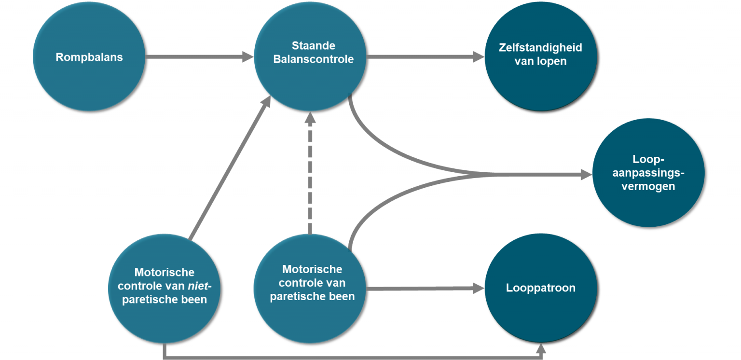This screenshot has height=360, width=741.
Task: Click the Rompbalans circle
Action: click(89, 57)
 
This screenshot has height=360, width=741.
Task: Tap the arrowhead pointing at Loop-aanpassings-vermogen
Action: click(586, 175)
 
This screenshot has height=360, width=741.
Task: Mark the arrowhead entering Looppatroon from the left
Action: click(479, 289)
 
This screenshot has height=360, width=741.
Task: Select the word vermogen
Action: click(648, 186)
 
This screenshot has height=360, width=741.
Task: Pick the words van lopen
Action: click(540, 62)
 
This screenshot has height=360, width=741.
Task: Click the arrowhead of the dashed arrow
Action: click(311, 116)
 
